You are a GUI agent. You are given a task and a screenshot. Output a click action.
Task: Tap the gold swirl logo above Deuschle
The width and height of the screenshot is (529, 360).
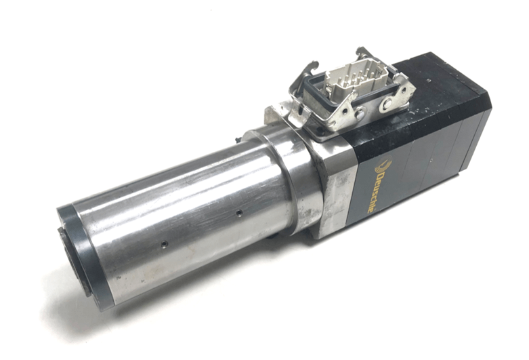(x=383, y=165)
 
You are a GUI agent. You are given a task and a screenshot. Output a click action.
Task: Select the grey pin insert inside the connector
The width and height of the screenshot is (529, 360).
(x=355, y=81)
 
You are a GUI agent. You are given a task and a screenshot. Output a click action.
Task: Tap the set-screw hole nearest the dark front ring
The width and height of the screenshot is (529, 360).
(x=164, y=243)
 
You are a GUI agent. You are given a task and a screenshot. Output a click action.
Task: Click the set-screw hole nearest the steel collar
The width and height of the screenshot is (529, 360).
(x=239, y=212)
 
